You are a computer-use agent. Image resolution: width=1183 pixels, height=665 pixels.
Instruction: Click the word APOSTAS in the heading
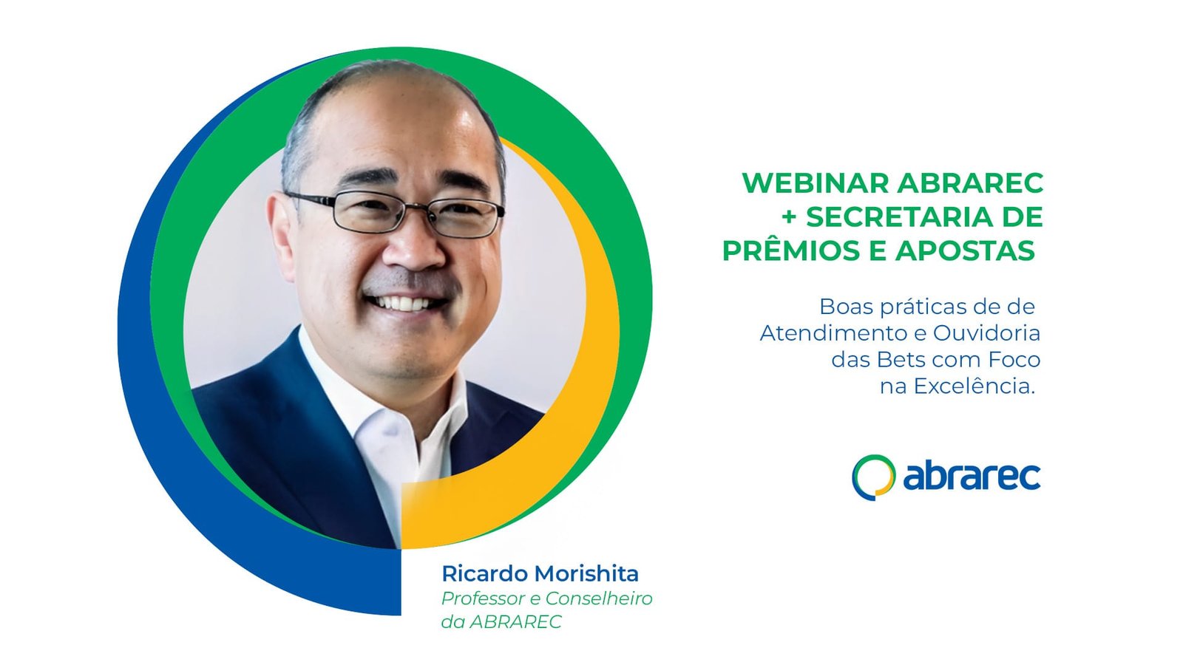(965, 250)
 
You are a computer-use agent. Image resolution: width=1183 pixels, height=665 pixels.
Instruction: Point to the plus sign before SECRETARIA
(788, 217)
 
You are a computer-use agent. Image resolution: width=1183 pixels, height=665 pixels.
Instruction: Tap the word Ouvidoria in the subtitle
(986, 333)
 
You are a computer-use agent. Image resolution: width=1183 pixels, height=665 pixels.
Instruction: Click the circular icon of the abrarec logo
(873, 477)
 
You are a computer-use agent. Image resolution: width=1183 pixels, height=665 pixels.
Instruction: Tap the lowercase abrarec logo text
(972, 477)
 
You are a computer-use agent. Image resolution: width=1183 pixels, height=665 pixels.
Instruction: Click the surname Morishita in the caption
(586, 573)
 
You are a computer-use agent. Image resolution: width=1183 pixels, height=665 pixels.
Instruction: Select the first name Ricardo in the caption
(485, 573)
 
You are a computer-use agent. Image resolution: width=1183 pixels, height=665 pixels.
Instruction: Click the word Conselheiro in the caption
(599, 598)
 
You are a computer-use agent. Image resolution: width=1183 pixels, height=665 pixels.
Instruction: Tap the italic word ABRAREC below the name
(515, 622)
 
